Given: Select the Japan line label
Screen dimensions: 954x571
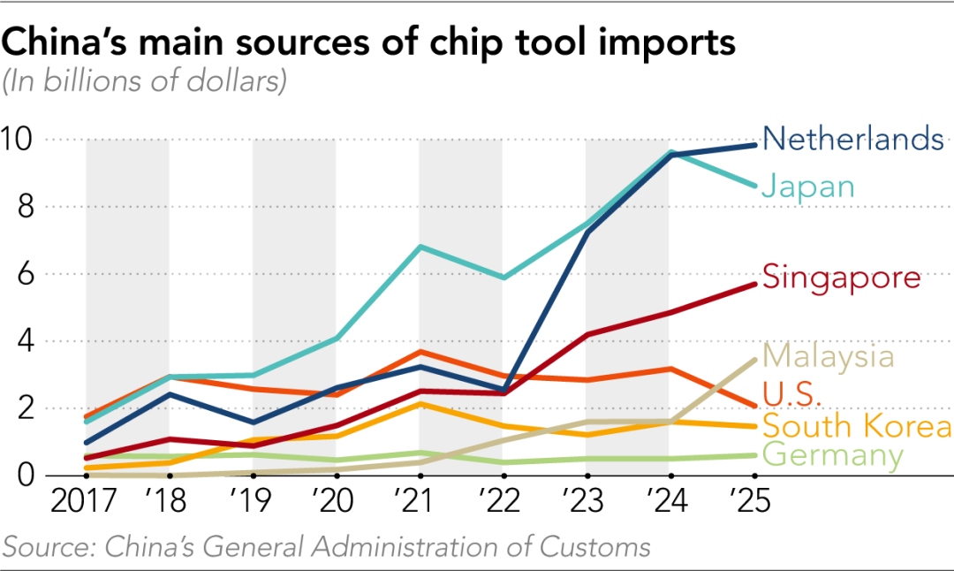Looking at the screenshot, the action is tap(808, 187).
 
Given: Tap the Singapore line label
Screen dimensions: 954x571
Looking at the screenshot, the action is tap(842, 278).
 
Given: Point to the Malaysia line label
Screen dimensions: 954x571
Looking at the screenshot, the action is tap(828, 356).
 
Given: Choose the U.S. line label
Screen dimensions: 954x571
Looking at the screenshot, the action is tap(791, 394).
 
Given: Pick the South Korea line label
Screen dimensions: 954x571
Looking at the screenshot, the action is tap(857, 425).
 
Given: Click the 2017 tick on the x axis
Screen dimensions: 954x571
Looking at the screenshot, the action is tap(83, 501).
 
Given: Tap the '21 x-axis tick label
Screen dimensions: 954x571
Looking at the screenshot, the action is tap(413, 501).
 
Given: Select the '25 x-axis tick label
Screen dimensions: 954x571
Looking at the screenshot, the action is tap(750, 501).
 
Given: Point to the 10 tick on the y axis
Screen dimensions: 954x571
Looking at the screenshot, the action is tap(16, 140).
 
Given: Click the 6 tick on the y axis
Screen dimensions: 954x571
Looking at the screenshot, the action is tap(25, 275).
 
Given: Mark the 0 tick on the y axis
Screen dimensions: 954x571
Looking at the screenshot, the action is tap(25, 475).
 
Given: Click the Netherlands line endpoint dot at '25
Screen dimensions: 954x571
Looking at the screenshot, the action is tap(754, 145).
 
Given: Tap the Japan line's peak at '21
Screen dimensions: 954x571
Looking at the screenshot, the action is tap(420, 247).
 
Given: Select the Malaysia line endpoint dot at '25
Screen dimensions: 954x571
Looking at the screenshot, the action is tap(754, 360).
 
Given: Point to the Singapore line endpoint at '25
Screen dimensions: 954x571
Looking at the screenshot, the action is tap(754, 285).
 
